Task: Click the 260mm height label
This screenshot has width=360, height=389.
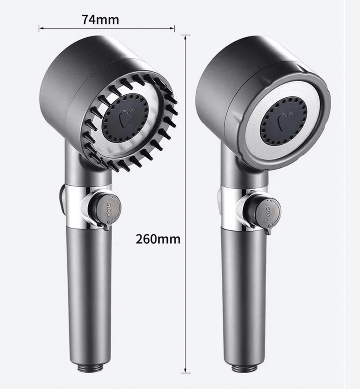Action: [x=158, y=239]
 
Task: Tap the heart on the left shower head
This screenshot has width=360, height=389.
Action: [x=125, y=118]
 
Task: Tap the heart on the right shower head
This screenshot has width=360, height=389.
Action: [x=285, y=120]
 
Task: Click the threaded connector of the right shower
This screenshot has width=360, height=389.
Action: [x=244, y=368]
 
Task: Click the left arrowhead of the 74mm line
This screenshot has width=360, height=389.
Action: [x=40, y=29]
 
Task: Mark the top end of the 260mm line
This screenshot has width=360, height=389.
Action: [x=185, y=36]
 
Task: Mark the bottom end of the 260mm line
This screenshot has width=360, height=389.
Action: [x=185, y=372]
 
